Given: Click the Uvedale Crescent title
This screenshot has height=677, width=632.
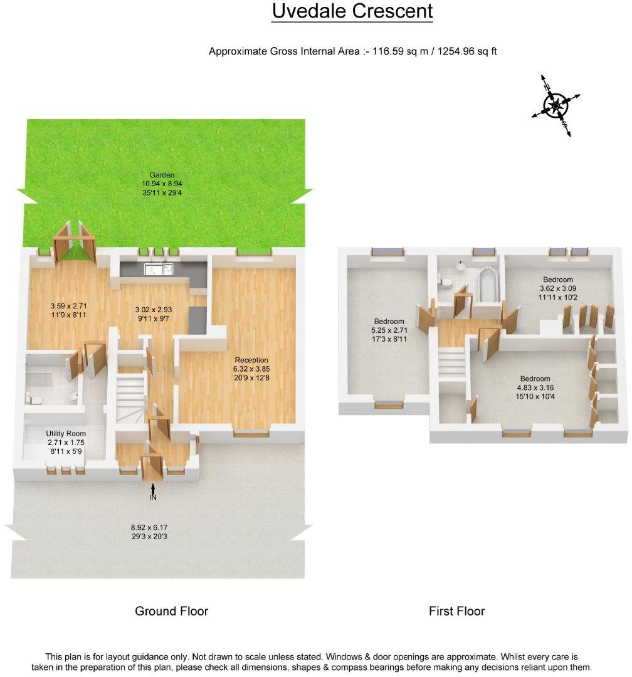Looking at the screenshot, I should point(352,11).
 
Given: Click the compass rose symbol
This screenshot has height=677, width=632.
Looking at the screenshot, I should point(556,105).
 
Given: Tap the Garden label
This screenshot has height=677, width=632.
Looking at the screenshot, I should point(161,175).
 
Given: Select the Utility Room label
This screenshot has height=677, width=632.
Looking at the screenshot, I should point(66,433).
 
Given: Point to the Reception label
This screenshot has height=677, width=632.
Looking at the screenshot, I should point(251,360).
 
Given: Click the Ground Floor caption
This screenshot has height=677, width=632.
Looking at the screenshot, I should point(171,611).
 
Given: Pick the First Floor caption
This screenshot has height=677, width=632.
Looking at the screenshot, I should point(456,611).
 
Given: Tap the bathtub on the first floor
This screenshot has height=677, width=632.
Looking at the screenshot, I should point(487,285).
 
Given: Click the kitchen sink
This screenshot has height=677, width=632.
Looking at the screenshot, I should point(158,270).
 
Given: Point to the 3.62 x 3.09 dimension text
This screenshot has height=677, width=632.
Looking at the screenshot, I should point(557,288).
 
